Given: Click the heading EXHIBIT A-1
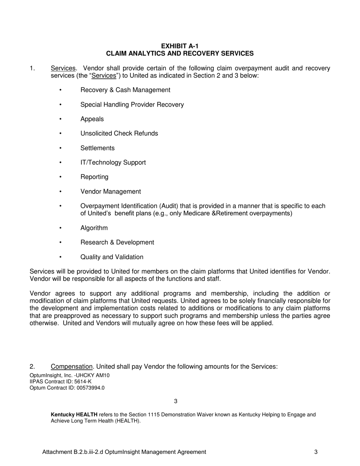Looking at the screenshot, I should pos(180,46).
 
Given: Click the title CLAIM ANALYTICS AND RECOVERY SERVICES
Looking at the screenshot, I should pos(180,53).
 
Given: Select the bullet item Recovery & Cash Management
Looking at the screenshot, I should pos(125,90).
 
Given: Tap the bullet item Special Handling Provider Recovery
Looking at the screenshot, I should pos(132,105).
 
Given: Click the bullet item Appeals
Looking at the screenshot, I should pos(92,119).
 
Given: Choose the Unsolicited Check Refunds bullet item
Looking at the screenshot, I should pos(119,133).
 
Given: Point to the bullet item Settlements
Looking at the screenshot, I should pos(97,148).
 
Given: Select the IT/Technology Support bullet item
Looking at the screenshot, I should pos(113,163).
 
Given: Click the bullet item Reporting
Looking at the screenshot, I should pos(94,177).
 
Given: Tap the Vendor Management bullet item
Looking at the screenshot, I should pos(110,192).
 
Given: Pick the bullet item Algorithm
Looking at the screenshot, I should pos(94,228).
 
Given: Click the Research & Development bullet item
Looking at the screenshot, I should pos(117,242).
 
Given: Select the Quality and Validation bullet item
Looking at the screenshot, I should pos(112,257).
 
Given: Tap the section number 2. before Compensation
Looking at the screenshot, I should pos(32,366).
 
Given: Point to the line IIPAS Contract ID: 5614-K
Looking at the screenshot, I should pos(60,382).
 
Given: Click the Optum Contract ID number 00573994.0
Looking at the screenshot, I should pos(89,388).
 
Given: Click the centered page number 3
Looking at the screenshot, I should pos(175,401).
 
